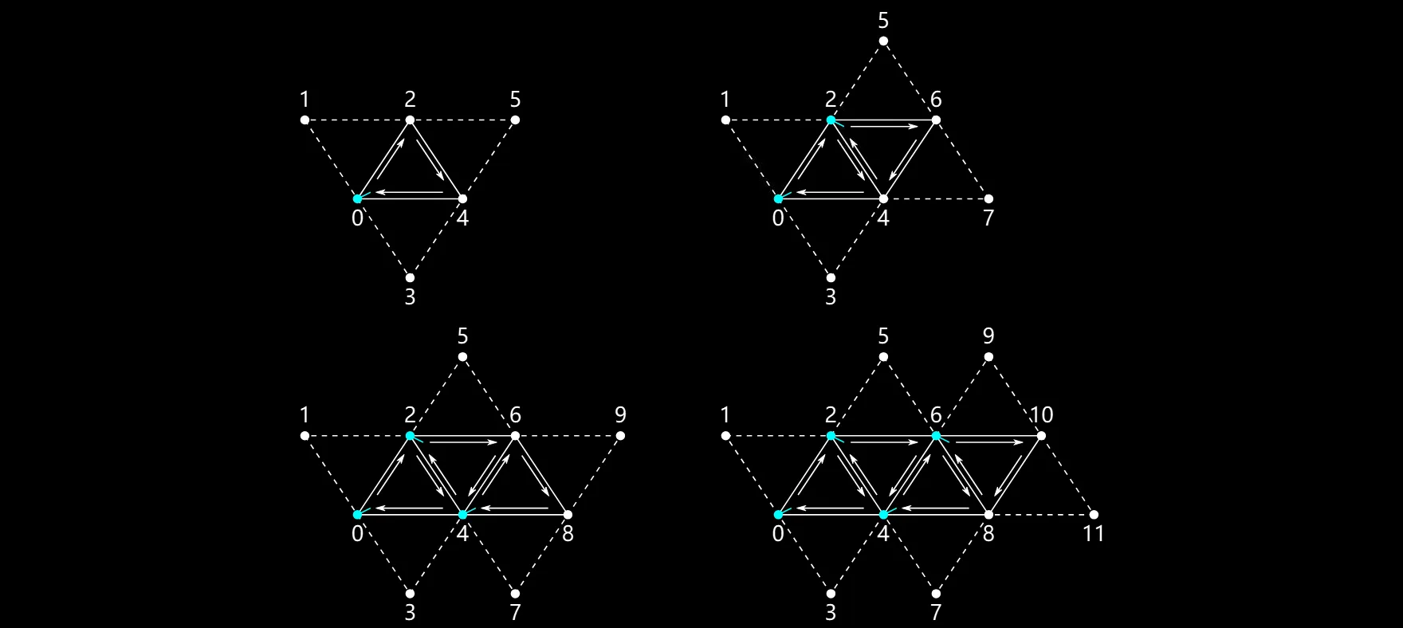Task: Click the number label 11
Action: click(x=1094, y=533)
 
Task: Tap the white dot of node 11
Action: click(x=1094, y=515)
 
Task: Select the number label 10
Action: click(x=1041, y=414)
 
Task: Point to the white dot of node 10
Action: click(x=1041, y=436)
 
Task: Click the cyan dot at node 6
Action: click(x=936, y=436)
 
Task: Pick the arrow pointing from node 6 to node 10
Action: click(x=988, y=442)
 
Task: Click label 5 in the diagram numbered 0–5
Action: click(x=515, y=99)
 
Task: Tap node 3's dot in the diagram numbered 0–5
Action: click(x=410, y=278)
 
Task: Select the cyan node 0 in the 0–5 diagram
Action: click(x=357, y=198)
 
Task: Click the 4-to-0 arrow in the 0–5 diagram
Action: click(x=410, y=192)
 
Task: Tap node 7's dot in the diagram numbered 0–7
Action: click(x=988, y=198)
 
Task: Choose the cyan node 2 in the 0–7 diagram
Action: click(x=831, y=120)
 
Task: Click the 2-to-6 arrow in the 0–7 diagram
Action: click(x=883, y=126)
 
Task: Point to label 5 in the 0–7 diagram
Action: click(x=883, y=20)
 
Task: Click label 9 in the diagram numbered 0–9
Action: click(x=620, y=414)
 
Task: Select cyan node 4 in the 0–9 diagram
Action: click(x=462, y=515)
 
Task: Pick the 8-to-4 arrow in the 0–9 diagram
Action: click(x=515, y=508)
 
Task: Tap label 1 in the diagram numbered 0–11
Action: click(x=725, y=414)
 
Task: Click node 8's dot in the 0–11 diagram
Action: click(x=988, y=515)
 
